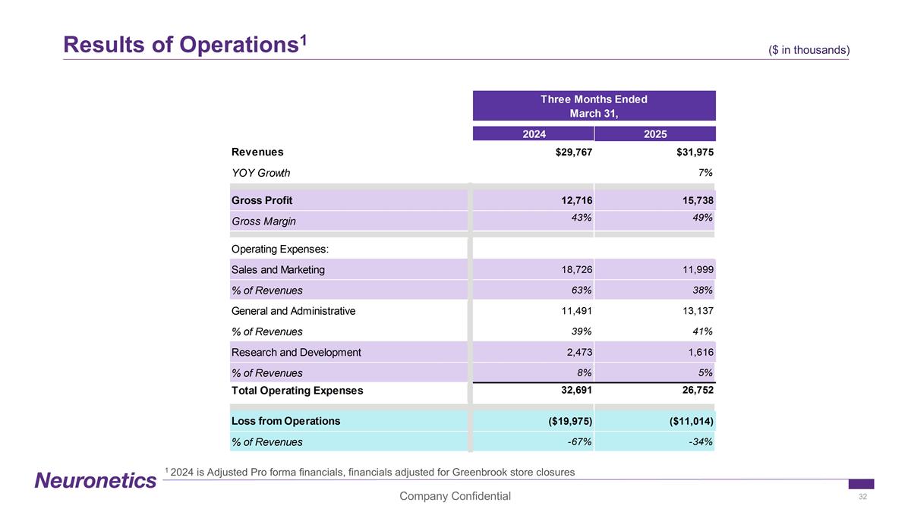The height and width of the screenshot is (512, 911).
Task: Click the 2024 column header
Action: click(534, 134)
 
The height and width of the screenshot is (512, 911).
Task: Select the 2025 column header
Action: click(654, 134)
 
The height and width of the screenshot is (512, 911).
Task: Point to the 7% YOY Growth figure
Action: click(705, 172)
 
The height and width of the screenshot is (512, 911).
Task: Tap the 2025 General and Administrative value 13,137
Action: click(694, 310)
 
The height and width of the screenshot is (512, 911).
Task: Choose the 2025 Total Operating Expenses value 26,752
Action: click(694, 390)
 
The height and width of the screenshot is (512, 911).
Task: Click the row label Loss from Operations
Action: click(285, 421)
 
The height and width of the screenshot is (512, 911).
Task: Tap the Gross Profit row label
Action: click(262, 200)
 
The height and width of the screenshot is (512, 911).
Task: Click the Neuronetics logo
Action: click(95, 480)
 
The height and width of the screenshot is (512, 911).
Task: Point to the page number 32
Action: click(862, 496)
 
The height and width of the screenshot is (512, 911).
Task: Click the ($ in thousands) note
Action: click(809, 50)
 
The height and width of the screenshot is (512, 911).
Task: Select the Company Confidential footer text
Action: click(455, 496)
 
